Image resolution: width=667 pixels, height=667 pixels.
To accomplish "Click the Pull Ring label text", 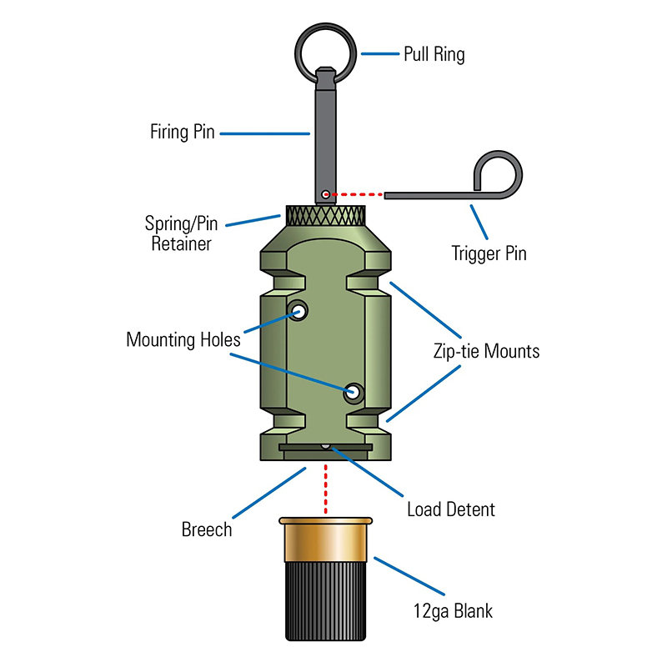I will (434, 55).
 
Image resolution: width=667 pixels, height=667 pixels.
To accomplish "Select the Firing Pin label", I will (183, 132).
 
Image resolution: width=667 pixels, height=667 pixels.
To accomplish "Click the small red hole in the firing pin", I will (325, 195).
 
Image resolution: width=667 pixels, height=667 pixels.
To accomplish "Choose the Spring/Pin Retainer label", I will (182, 234).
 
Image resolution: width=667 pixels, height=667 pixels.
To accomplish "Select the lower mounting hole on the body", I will (354, 390).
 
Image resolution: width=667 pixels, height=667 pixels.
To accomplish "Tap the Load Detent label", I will (451, 509).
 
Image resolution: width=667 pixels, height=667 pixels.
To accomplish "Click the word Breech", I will (207, 529).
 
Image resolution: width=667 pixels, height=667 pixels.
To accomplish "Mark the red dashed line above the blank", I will (326, 492).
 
